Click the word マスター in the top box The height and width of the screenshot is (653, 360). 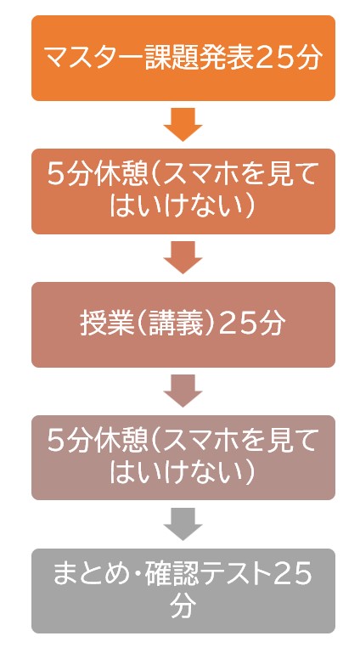tap(93, 59)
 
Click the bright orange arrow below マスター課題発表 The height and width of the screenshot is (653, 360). tap(183, 125)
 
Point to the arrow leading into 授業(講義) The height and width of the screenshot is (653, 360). tap(183, 257)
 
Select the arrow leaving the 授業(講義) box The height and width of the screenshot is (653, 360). tap(183, 391)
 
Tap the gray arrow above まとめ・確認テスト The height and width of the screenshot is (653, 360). tap(183, 524)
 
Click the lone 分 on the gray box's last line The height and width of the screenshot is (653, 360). tap(183, 606)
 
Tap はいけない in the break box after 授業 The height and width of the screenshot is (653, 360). tap(175, 473)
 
